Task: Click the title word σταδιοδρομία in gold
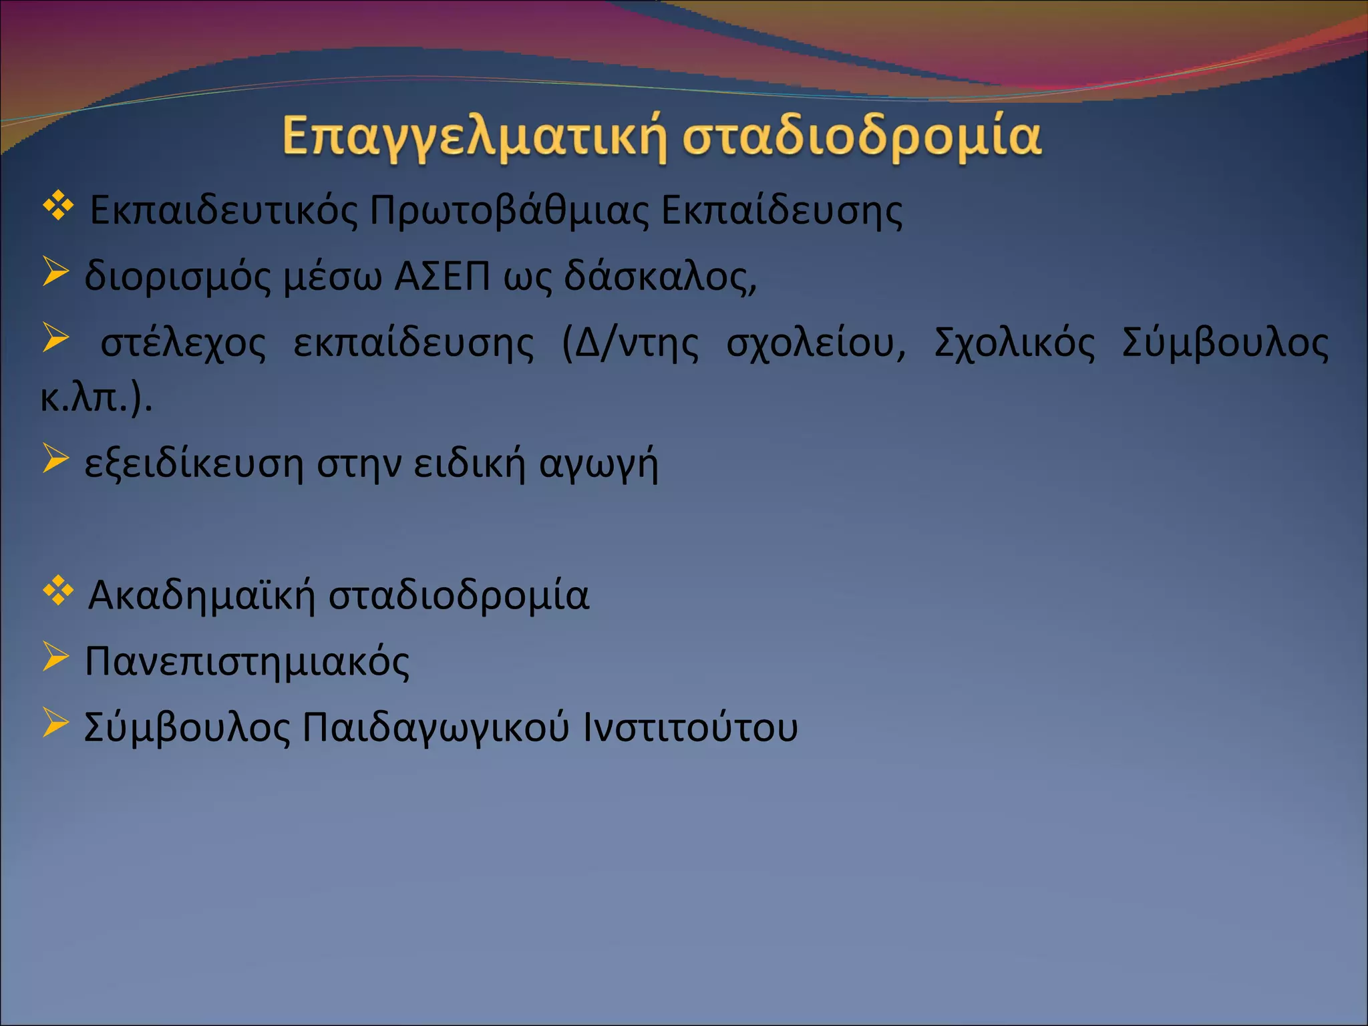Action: (x=862, y=137)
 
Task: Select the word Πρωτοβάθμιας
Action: (x=508, y=210)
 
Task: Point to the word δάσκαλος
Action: (x=660, y=276)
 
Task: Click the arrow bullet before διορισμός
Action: (x=55, y=273)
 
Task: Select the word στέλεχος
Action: (x=182, y=343)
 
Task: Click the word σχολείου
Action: (x=816, y=343)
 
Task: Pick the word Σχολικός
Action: (x=1014, y=343)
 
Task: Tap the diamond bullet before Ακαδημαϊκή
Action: (x=58, y=590)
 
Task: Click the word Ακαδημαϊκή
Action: (x=201, y=594)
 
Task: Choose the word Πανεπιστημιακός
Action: (x=247, y=661)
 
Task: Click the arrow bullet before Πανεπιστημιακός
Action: (x=55, y=657)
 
